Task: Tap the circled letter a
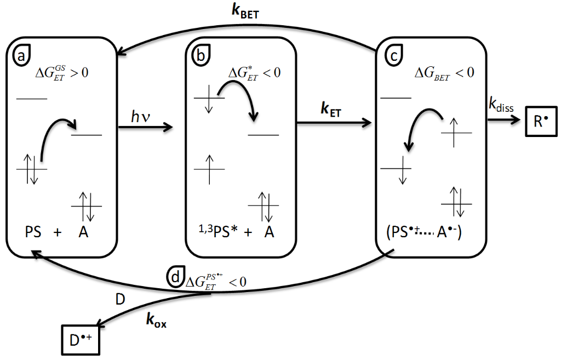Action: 22,55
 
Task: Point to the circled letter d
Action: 175,277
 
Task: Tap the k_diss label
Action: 501,106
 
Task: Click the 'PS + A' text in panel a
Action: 57,232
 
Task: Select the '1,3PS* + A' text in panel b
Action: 237,232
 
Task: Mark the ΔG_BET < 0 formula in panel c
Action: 444,72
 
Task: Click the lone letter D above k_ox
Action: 119,299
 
